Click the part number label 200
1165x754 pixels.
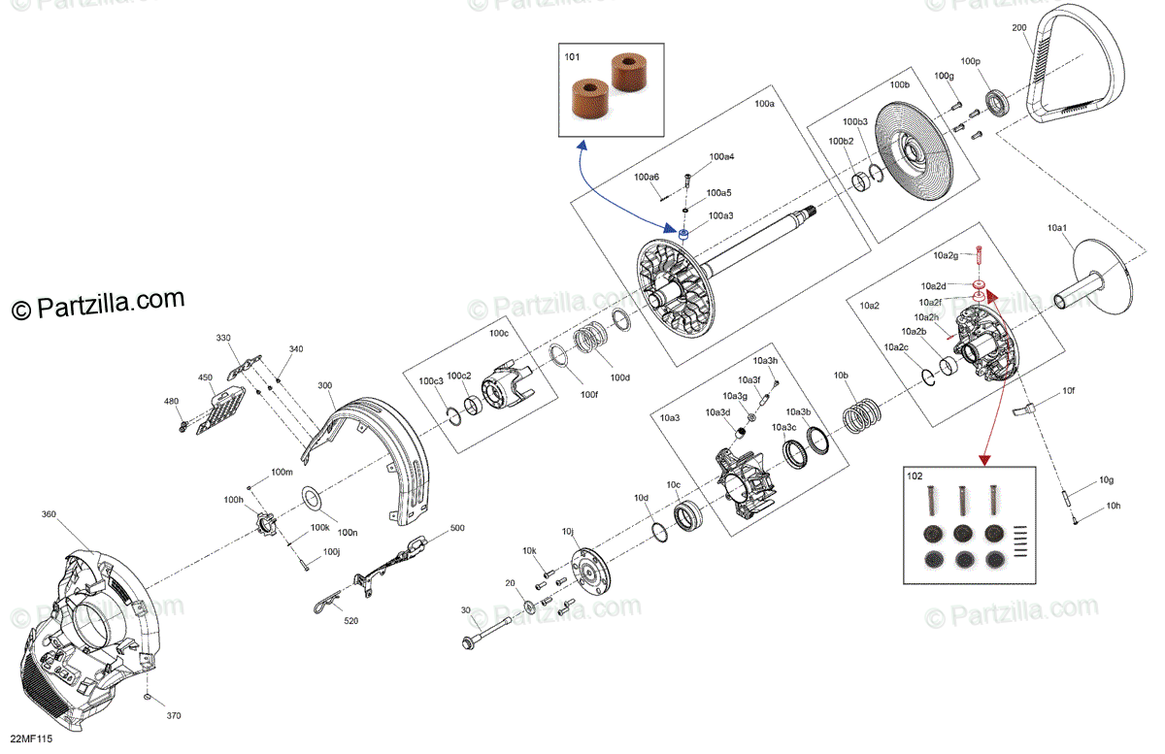1018,28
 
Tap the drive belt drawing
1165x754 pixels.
1074,73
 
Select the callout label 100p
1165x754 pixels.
971,62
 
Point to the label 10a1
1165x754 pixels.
1057,227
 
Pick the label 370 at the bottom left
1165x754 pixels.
174,715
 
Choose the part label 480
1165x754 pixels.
172,401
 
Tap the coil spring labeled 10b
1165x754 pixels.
859,415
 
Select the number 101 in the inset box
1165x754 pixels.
573,57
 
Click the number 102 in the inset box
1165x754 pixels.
915,475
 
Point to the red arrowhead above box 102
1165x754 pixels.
983,456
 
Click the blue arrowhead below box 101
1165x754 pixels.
582,146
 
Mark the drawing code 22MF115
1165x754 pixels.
32,739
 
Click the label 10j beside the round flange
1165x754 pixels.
568,532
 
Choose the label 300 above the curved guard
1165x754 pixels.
324,385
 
